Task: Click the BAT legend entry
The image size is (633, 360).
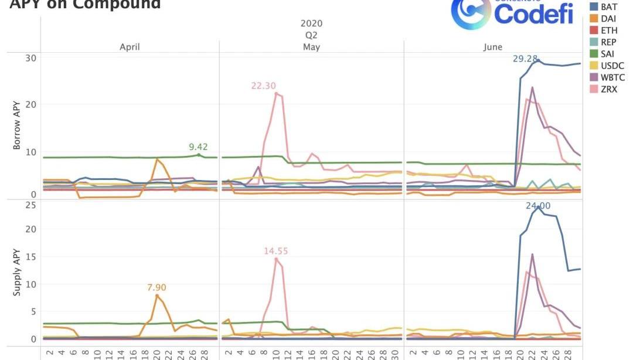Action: point(608,7)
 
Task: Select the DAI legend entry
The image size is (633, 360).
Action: point(608,19)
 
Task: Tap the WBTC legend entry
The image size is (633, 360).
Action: point(612,77)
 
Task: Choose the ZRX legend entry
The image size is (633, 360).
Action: point(609,89)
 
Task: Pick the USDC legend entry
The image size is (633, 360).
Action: point(612,66)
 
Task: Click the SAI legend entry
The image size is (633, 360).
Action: point(607,54)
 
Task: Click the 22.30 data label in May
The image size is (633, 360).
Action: point(263,86)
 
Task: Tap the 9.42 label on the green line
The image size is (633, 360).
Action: point(198,147)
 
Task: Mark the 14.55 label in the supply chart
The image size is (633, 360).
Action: point(276,251)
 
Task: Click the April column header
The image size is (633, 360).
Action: point(130,47)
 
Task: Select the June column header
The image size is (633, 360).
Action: point(492,47)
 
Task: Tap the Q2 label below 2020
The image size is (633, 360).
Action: point(311,35)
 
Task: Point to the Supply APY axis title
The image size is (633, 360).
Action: point(17,270)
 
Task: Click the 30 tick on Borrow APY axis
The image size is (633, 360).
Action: point(30,57)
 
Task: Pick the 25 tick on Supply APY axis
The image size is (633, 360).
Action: point(30,205)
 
